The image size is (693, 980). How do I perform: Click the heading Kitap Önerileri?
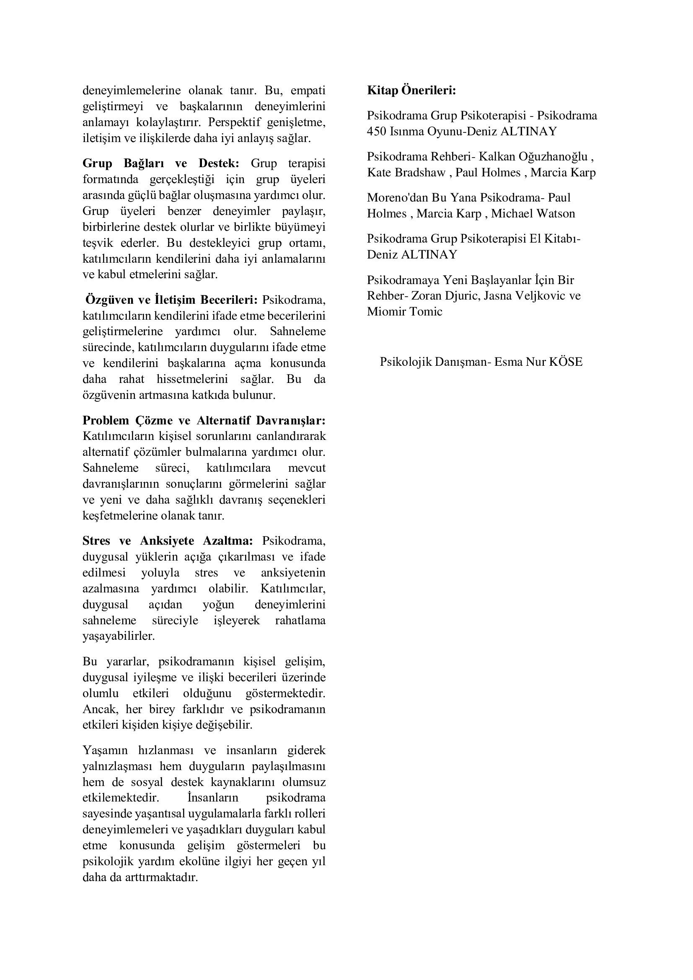(411, 91)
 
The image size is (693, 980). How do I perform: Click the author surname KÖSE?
(566, 362)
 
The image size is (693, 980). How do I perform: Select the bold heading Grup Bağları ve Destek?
(161, 163)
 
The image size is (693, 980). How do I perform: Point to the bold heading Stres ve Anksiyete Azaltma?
(168, 541)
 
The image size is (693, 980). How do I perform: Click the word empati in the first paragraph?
(308, 91)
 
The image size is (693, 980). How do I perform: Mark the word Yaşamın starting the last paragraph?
(105, 750)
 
